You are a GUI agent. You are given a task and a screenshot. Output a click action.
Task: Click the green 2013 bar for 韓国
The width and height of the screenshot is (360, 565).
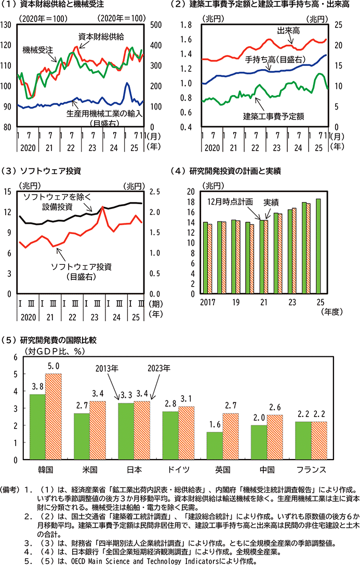point(37,427)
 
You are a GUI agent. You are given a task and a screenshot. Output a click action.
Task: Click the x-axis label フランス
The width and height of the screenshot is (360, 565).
point(310,469)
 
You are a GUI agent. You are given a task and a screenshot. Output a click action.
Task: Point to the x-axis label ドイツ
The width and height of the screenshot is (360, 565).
point(178,469)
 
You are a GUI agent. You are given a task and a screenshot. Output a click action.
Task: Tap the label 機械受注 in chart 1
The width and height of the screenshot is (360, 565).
point(38,50)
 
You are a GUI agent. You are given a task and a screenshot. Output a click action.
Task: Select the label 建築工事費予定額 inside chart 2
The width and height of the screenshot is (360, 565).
point(273,116)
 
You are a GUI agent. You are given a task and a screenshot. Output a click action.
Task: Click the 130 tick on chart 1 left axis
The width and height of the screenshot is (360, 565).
point(7,25)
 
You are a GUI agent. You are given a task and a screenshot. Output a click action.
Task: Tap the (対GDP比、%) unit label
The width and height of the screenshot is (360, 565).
point(50,351)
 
